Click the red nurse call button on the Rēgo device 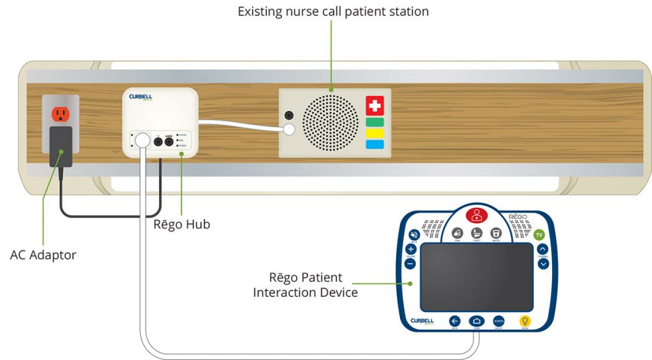pyautogui.click(x=476, y=215)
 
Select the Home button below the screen pyautogui.click(x=477, y=321)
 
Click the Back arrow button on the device pyautogui.click(x=455, y=321)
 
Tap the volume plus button pyautogui.click(x=411, y=249)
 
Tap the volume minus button pyautogui.click(x=411, y=263)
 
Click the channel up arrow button pyautogui.click(x=542, y=249)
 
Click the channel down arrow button pyautogui.click(x=542, y=263)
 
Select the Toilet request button pyautogui.click(x=476, y=234)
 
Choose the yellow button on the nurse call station pyautogui.click(x=375, y=133)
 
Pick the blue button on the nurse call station pyautogui.click(x=375, y=145)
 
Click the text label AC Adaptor pyautogui.click(x=43, y=255)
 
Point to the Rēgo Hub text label pyautogui.click(x=181, y=224)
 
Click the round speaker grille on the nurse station pyautogui.click(x=330, y=123)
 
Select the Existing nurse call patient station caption pyautogui.click(x=333, y=11)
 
